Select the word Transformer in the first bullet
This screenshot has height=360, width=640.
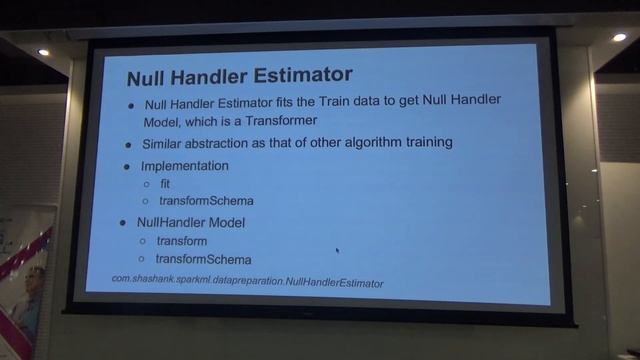[x=274, y=120]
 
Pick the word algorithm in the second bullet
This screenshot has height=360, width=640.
[x=365, y=142]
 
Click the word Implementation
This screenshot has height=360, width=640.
[x=185, y=165]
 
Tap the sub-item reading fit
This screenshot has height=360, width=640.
[x=166, y=184]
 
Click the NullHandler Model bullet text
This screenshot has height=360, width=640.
[x=191, y=221]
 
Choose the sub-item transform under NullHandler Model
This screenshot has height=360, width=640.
[x=181, y=241]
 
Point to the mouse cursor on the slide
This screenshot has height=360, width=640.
[x=337, y=250]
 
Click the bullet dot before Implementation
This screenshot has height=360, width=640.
[x=128, y=166]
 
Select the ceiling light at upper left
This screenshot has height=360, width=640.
[x=43, y=52]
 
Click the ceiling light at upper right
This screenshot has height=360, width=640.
[x=619, y=37]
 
